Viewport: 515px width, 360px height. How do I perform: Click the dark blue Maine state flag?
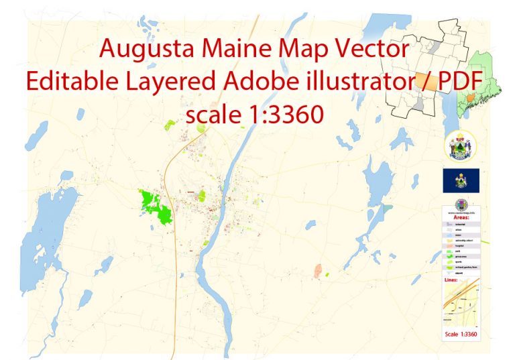461,180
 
